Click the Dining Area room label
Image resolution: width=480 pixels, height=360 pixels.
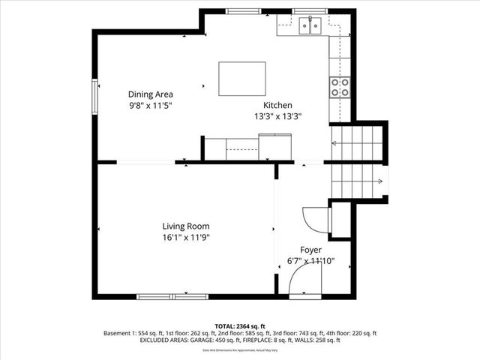[x=151, y=94]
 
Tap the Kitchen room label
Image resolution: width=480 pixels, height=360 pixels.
[x=277, y=105]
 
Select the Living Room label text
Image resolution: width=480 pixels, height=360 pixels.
[x=186, y=226]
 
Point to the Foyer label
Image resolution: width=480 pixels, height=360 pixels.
[x=311, y=250]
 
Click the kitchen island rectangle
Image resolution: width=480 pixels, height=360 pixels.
[x=242, y=78]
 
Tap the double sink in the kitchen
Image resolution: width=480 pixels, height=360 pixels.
[x=310, y=26]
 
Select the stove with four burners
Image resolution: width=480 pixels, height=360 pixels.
[x=340, y=87]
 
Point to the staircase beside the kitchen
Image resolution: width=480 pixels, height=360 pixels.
[x=358, y=161]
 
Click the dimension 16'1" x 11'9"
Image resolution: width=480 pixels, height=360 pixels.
[x=186, y=237]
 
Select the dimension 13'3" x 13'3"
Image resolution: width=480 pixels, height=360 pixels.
[x=277, y=116]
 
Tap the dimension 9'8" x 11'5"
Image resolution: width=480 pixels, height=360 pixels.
[x=151, y=106]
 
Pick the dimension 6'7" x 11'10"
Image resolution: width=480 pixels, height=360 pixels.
[x=311, y=262]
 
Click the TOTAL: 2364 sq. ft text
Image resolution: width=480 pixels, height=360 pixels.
[x=240, y=325]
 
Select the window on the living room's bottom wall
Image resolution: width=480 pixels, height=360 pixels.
[x=172, y=296]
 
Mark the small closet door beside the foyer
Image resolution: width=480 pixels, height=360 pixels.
[x=331, y=220]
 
